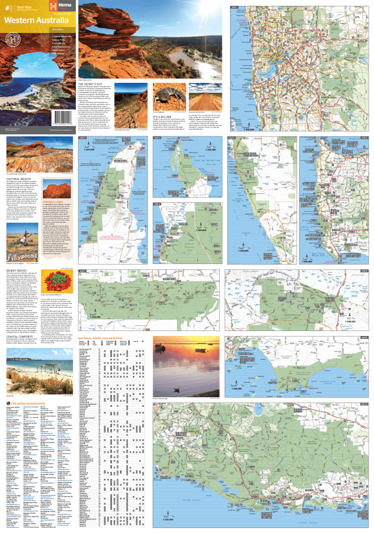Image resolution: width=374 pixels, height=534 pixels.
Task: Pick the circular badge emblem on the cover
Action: (x=10, y=40)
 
